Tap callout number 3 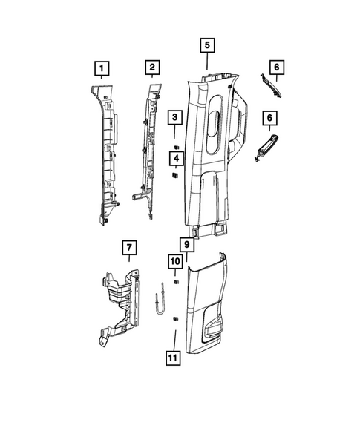coord(175,117)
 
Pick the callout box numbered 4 coord(175,158)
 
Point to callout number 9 coord(187,243)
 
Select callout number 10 coord(175,262)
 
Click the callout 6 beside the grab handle coord(269,117)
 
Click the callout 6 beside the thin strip coord(276,69)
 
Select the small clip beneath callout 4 coord(175,177)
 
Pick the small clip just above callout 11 coord(175,318)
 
